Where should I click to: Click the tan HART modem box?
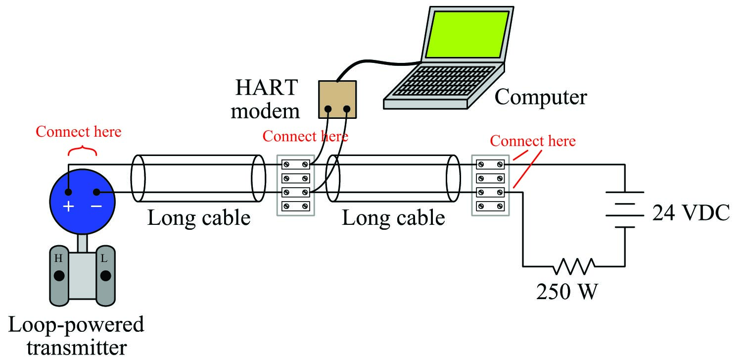(337, 100)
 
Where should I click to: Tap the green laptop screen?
(467, 34)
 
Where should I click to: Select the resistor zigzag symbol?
(574, 266)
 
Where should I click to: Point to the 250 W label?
(567, 292)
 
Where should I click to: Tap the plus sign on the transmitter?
(69, 207)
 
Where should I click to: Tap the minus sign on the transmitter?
(96, 207)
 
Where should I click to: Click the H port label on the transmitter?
(58, 258)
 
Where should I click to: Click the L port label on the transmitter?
(104, 258)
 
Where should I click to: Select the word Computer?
(541, 98)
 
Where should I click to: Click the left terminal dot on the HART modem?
(328, 109)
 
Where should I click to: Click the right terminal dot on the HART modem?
(347, 109)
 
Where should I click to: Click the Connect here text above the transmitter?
(79, 132)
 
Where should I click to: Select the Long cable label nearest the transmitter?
(199, 218)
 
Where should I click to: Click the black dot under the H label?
(59, 276)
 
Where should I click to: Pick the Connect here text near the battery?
(533, 141)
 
